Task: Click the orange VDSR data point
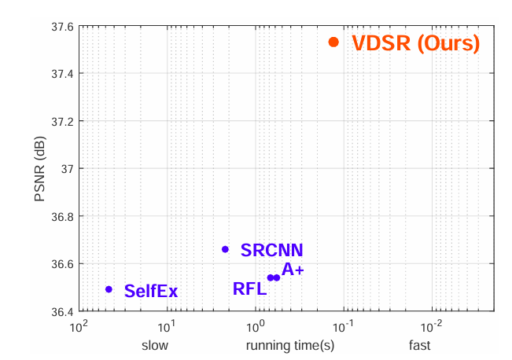pos(333,42)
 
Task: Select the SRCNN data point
pos(225,249)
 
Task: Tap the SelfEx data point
pos(109,289)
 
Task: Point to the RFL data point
pos(270,277)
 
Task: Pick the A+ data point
pos(277,277)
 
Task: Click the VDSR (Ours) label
pos(415,43)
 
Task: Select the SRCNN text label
pos(272,251)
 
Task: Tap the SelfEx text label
pos(151,292)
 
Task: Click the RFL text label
pos(249,288)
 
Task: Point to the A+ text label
pos(293,270)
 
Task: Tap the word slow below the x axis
pos(155,346)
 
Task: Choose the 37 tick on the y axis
pos(66,168)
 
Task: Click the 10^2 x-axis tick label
pos(77,325)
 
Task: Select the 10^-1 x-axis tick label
pos(342,325)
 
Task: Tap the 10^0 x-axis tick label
pos(255,325)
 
